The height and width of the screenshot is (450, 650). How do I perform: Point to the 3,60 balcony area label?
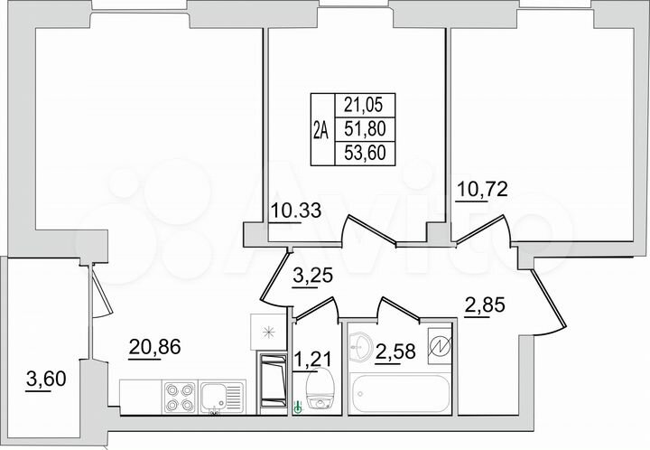41,381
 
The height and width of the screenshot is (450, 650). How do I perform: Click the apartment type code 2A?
320,129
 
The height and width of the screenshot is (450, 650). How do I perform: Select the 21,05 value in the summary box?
366,106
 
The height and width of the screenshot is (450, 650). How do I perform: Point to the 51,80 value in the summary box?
366,129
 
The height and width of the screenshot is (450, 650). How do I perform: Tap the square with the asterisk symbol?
266,332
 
